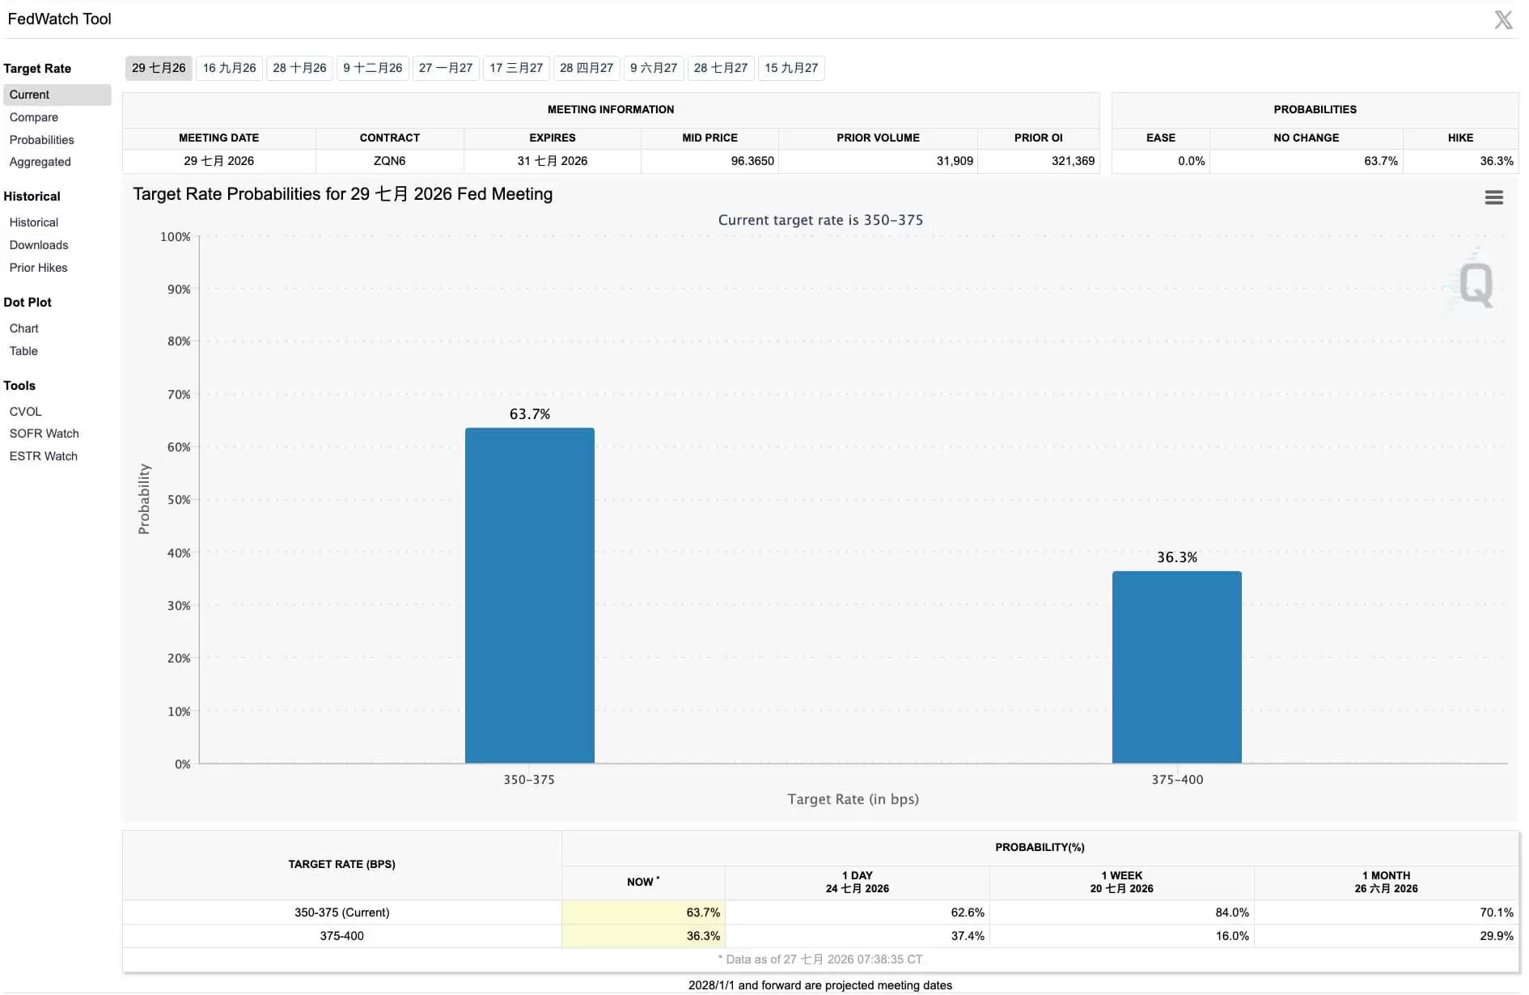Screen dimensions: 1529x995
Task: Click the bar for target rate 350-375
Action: tap(529, 595)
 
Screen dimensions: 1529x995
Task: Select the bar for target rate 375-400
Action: tap(1176, 667)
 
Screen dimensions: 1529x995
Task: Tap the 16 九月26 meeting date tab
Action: tap(229, 68)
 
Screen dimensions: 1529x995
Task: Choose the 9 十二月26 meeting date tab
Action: tap(373, 68)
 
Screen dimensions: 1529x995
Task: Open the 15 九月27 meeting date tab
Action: tap(791, 68)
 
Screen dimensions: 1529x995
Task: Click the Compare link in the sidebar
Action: tap(34, 117)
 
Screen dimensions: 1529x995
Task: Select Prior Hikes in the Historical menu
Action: tap(39, 268)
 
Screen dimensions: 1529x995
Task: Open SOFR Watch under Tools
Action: tap(44, 434)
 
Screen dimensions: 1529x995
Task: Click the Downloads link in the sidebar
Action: tap(39, 245)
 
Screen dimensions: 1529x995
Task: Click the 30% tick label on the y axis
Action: tap(179, 606)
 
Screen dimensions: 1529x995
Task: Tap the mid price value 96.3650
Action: tap(752, 161)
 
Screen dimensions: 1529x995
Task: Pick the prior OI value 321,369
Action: tap(1073, 161)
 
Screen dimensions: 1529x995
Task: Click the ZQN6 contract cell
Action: tap(389, 161)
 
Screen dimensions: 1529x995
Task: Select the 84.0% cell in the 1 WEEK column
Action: tap(1232, 912)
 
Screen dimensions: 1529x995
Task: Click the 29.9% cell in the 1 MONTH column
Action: tap(1497, 936)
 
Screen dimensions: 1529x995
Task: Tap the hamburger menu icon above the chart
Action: tap(1494, 197)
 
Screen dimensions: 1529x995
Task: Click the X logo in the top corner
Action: tap(1503, 19)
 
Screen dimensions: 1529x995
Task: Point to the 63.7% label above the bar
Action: tap(530, 414)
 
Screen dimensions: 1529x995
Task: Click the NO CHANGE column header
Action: tap(1306, 138)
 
